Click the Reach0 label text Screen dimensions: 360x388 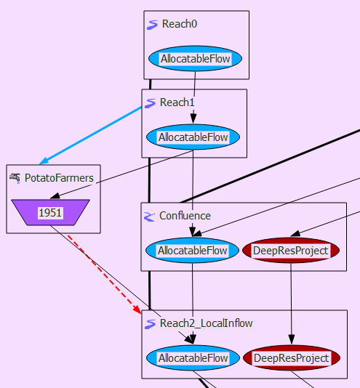(x=180, y=24)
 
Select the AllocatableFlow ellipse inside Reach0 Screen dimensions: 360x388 (x=195, y=59)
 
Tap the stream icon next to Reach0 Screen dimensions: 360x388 (x=152, y=25)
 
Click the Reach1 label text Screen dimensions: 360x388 (x=177, y=102)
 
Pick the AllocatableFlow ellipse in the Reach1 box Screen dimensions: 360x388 (x=193, y=137)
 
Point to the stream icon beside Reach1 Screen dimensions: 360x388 (x=150, y=103)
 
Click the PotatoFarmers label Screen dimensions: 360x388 (x=59, y=178)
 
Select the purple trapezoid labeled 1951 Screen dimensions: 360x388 (x=50, y=213)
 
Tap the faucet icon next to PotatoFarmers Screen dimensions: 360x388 (x=15, y=178)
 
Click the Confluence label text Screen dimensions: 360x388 (x=185, y=216)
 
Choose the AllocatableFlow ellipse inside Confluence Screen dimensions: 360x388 (x=192, y=251)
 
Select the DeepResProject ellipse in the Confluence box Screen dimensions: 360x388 (x=291, y=251)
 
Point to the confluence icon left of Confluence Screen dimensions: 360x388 (x=149, y=217)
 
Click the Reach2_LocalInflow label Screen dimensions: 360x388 (x=206, y=323)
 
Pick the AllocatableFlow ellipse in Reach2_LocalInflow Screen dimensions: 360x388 (x=193, y=357)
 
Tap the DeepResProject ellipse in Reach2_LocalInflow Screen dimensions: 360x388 (x=292, y=357)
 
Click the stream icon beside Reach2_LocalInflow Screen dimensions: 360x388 (x=150, y=324)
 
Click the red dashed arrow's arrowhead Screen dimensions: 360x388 (x=137, y=310)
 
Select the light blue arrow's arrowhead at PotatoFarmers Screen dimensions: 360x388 (x=44, y=161)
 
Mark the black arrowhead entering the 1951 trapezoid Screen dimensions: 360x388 (x=55, y=196)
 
